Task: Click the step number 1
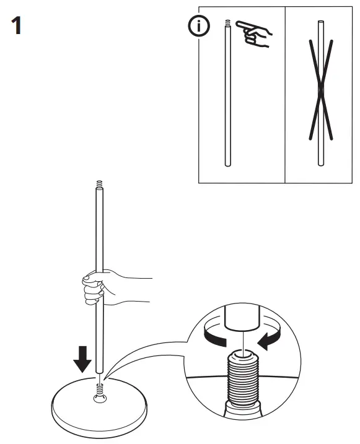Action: tap(17, 27)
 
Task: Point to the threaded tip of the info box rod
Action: tap(227, 24)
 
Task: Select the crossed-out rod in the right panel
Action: tap(320, 93)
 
